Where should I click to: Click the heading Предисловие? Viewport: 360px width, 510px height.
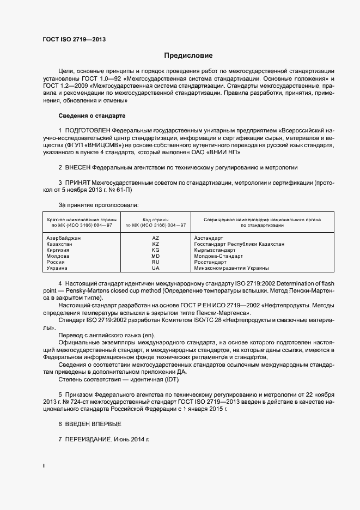click(188, 56)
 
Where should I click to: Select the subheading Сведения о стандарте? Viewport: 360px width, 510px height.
click(91, 116)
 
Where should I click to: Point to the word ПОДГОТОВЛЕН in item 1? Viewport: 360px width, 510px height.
click(87, 131)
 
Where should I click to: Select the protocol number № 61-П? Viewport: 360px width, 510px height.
click(118, 191)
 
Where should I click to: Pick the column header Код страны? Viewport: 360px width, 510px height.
click(156, 218)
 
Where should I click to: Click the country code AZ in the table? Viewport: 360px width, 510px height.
click(156, 238)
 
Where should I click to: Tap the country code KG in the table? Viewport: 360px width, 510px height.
click(156, 250)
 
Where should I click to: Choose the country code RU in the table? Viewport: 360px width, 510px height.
click(156, 262)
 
